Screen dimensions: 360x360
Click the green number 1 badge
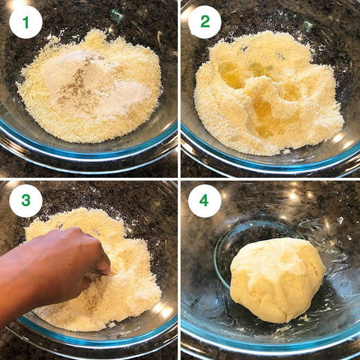(25, 22)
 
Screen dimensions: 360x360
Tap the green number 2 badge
(205, 22)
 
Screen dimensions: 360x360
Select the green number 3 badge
(25, 201)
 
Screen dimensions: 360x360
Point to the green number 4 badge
(205, 201)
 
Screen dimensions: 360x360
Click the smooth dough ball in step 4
(277, 280)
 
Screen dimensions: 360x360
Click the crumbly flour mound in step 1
(90, 88)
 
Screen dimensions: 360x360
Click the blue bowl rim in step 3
(95, 336)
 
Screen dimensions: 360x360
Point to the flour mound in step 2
(268, 92)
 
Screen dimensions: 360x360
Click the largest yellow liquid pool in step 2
(268, 118)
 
